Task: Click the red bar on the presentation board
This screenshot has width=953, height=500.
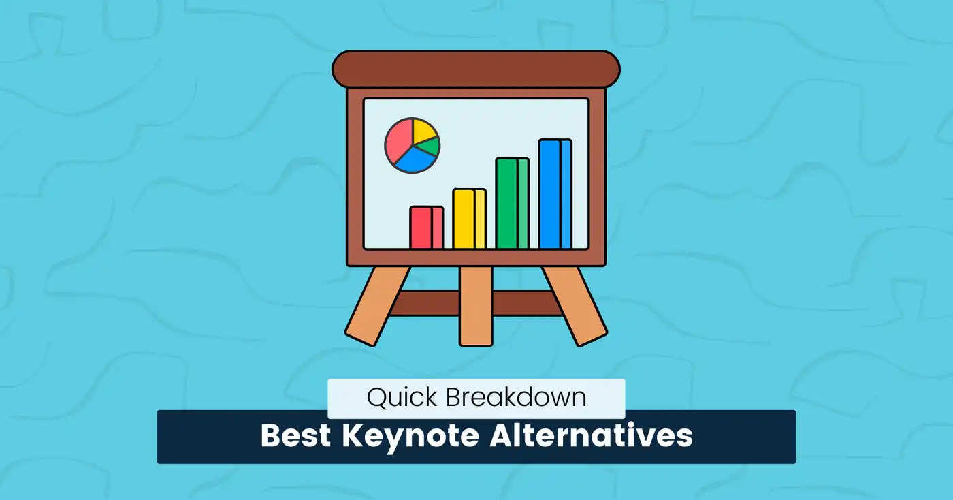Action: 426,228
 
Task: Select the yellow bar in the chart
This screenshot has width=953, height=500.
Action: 469,219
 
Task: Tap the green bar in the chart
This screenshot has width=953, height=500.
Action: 512,203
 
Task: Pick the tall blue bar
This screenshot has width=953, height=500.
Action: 555,194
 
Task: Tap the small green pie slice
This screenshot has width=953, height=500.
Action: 429,146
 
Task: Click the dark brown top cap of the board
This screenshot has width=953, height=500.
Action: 476,69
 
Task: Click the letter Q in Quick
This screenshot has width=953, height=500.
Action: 376,398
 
